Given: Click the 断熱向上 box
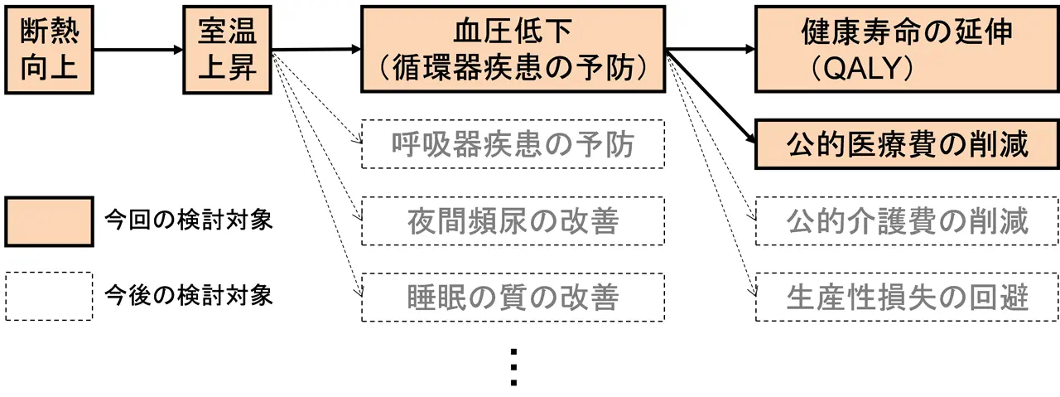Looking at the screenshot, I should point(47,49).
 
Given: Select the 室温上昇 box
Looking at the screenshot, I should point(228,49).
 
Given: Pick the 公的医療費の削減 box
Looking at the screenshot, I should point(907,144).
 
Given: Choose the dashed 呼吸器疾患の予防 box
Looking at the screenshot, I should point(513,144).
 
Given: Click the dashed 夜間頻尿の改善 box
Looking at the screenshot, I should point(513,221).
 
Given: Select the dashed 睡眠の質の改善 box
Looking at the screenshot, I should point(513,298).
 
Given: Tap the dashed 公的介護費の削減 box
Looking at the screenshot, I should point(907,221).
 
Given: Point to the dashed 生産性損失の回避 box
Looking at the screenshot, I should point(907,298).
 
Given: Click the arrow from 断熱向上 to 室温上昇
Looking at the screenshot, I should point(137,50).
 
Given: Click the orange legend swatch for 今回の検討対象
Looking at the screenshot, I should point(48,221).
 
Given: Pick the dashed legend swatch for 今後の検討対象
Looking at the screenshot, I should point(48,296).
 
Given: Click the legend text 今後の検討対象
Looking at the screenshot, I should point(189,296).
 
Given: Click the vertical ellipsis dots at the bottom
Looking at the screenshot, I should point(513,366).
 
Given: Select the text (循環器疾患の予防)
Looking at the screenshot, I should point(513,69).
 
